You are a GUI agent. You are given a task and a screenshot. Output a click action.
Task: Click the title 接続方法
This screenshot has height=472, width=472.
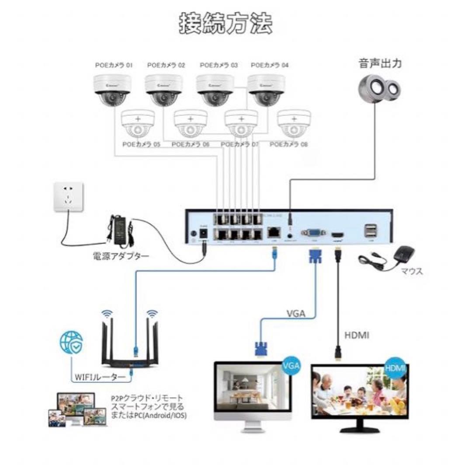click(226, 24)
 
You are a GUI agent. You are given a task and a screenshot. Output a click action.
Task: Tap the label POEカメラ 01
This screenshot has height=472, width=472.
click(114, 66)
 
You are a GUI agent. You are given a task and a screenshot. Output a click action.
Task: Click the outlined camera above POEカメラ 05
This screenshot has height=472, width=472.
click(138, 124)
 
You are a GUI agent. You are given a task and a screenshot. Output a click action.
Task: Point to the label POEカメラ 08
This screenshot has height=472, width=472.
click(289, 144)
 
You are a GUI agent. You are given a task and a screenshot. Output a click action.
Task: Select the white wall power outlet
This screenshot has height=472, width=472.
click(68, 198)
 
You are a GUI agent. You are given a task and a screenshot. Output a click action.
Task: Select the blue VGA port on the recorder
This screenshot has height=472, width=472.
click(313, 233)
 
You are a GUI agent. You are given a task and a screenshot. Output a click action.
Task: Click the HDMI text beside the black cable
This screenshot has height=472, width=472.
click(357, 335)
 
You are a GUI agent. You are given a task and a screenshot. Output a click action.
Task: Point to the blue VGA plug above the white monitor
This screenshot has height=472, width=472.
click(260, 349)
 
